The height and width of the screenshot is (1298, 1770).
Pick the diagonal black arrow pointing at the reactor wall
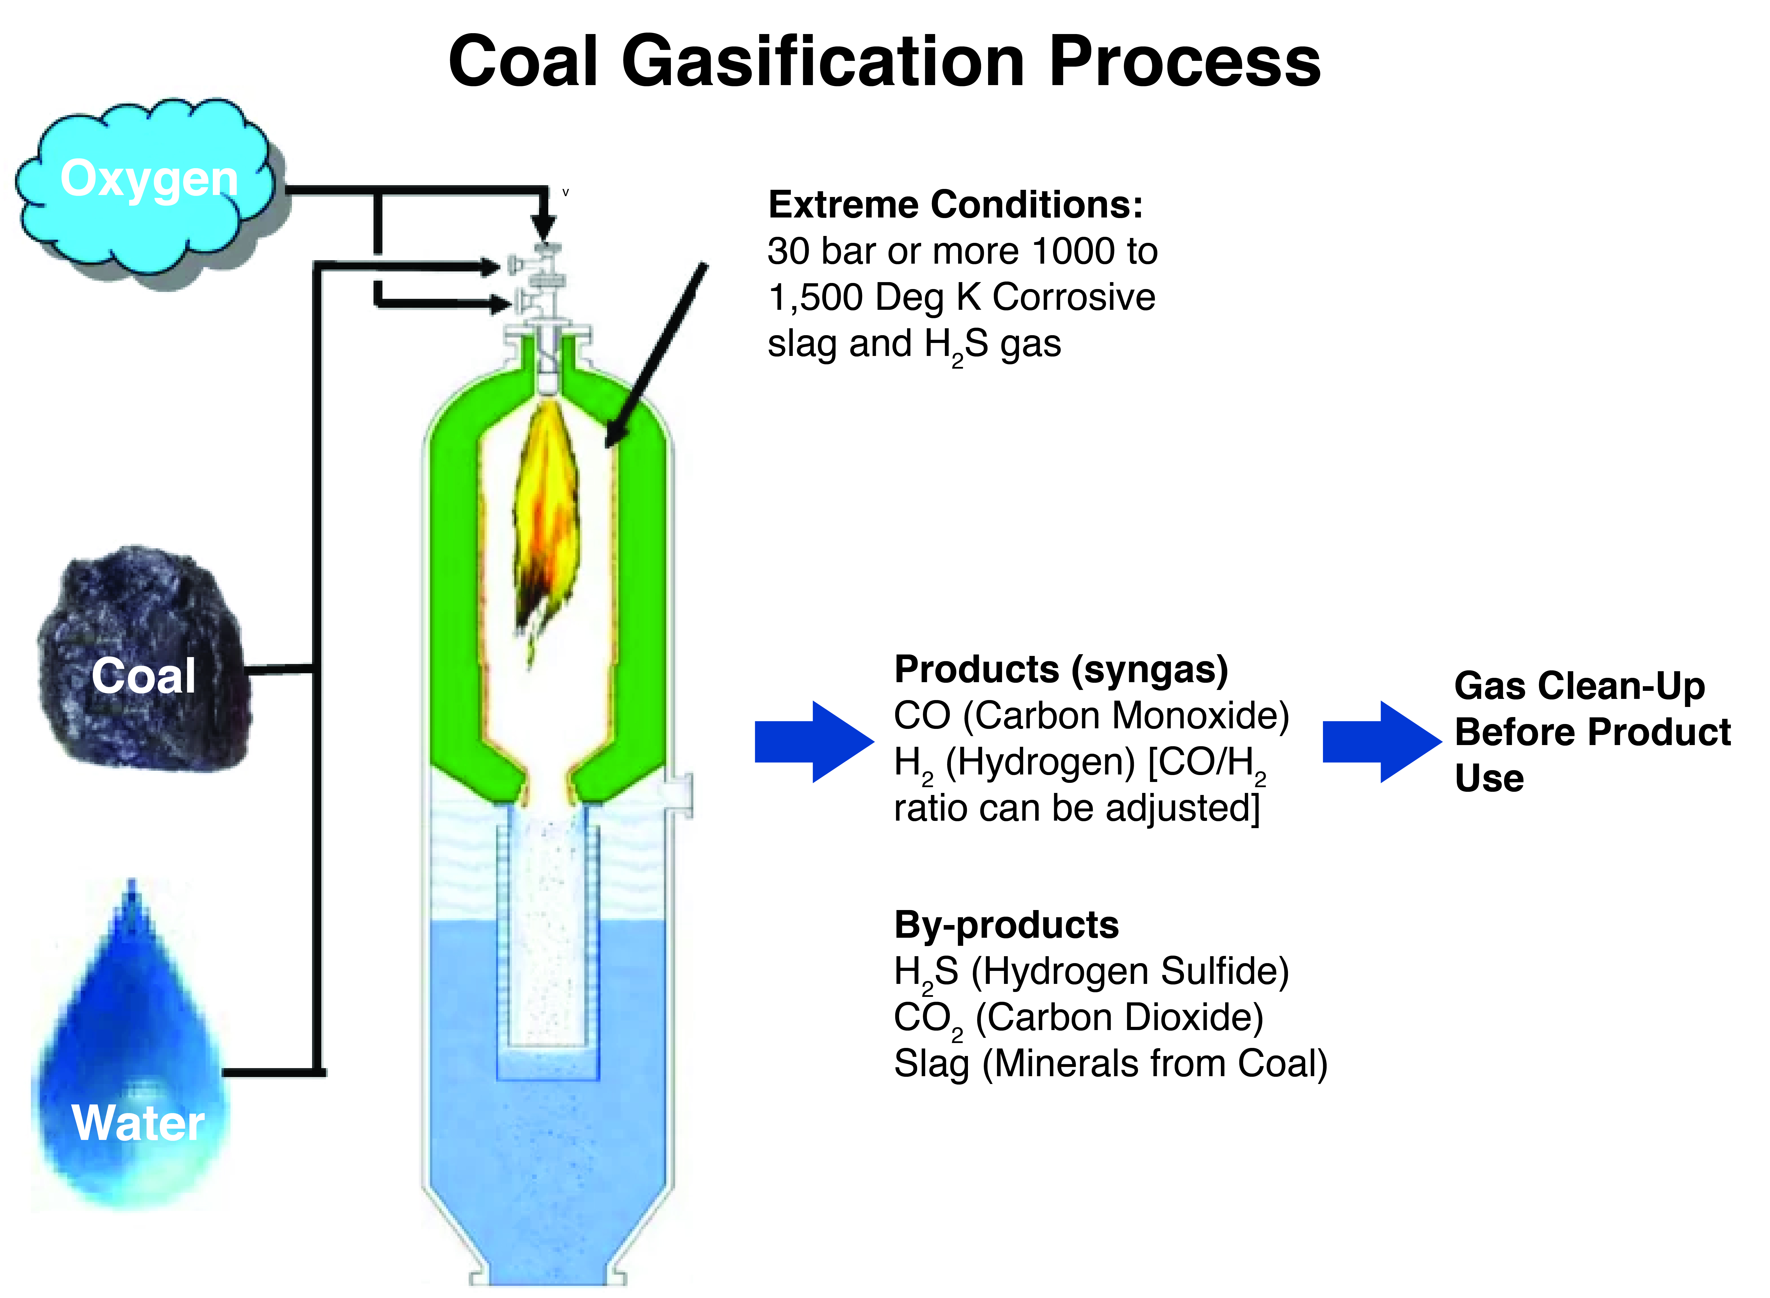coord(656,354)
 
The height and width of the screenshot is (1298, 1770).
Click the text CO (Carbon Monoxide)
coord(1090,716)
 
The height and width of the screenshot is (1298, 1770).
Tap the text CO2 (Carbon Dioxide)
coord(1078,1018)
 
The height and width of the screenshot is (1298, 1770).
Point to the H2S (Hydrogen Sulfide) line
coord(1090,972)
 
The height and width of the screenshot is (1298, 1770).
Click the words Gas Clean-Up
coord(1579,686)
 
